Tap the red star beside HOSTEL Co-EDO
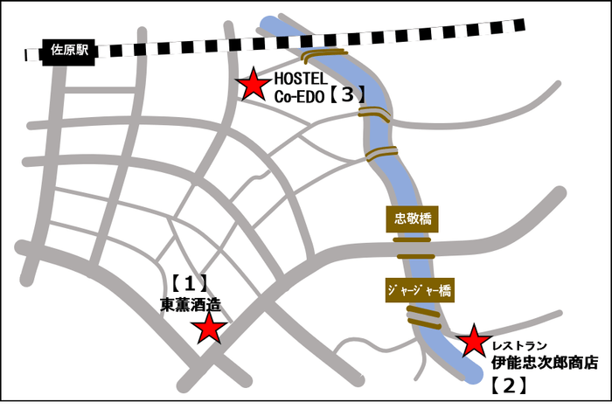254,84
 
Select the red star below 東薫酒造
210,329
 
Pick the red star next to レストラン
474,341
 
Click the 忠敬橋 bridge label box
413,218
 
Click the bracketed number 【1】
187,284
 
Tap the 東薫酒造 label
190,305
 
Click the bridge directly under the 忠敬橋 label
412,239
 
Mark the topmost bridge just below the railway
325,57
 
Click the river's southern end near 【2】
473,372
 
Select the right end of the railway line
521,24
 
